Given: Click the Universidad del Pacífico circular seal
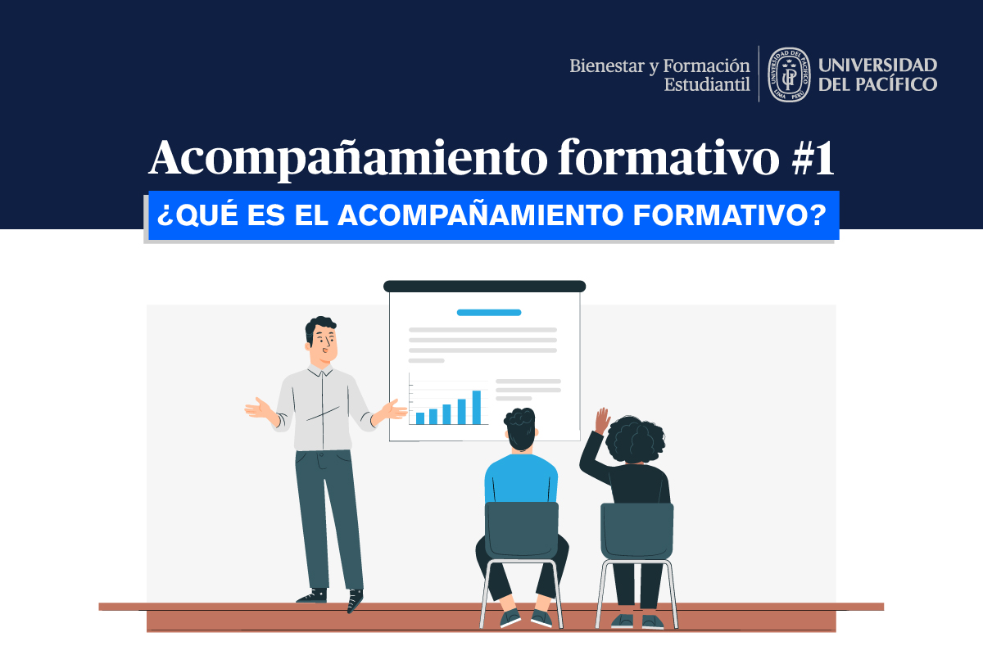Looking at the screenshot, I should coord(788,74).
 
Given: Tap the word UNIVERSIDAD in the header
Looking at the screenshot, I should coord(877,65).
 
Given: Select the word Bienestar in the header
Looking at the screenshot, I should coord(602,65).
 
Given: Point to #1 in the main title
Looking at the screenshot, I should coord(813,158).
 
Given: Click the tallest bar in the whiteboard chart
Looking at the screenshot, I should coord(476,407).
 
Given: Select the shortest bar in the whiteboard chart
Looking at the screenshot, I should coord(420,418).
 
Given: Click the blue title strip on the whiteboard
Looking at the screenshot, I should coord(489,312).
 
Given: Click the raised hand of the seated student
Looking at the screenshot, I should coord(603,421).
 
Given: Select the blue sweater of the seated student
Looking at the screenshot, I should coord(521,479).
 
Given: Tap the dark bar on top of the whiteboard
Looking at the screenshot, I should coord(485,286).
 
